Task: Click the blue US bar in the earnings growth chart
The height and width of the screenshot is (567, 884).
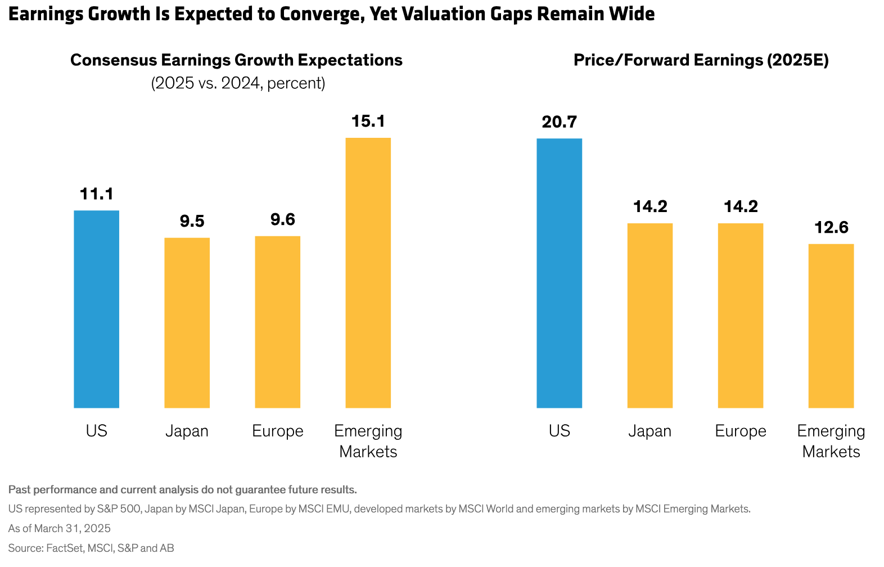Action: click(x=96, y=309)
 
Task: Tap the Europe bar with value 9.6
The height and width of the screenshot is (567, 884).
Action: click(x=277, y=322)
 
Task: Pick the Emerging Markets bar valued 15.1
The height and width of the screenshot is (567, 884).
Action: click(x=368, y=273)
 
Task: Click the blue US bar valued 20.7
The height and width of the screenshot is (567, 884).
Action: click(x=559, y=273)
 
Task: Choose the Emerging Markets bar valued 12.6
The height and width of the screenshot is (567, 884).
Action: click(x=831, y=326)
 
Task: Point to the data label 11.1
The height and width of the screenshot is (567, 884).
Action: click(x=97, y=194)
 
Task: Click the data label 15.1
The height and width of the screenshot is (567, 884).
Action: click(x=368, y=121)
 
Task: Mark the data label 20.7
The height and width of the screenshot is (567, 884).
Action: click(x=559, y=122)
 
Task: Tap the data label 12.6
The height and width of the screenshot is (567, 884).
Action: click(x=831, y=227)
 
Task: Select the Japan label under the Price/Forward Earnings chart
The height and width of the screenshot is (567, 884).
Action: click(x=650, y=431)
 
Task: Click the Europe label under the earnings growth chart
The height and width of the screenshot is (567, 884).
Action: click(x=277, y=431)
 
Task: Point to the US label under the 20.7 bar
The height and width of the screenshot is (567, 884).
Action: click(x=559, y=431)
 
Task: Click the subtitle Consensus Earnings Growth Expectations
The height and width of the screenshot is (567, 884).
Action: click(x=236, y=60)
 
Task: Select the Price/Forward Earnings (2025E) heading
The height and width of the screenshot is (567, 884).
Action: click(x=701, y=60)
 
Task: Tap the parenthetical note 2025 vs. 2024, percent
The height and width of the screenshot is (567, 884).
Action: click(x=238, y=83)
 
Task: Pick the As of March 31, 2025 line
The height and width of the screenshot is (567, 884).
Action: click(x=59, y=528)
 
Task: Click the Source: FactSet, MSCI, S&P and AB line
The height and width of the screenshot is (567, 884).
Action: click(x=91, y=548)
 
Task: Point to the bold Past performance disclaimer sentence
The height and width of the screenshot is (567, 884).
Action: click(x=182, y=489)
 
